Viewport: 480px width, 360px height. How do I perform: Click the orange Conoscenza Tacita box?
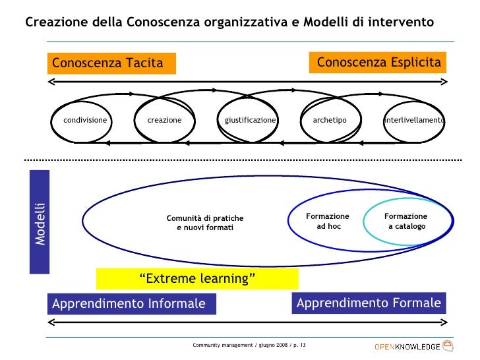113,63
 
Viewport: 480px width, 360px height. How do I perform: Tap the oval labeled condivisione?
85,121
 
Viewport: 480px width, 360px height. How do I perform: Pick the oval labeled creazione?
164,121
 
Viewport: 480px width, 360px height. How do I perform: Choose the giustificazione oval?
250,121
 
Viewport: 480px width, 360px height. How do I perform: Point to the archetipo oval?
329,121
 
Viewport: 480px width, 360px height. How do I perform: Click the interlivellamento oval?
414,121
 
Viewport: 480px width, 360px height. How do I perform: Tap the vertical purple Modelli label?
40,222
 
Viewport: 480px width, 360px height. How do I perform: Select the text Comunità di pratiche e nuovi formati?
205,223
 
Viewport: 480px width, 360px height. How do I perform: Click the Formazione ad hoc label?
328,222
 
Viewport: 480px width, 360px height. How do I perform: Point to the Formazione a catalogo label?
406,222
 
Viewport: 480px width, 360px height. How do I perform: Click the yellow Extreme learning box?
197,279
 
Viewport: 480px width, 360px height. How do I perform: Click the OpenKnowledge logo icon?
448,345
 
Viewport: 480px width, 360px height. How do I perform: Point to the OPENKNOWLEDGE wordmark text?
407,347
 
